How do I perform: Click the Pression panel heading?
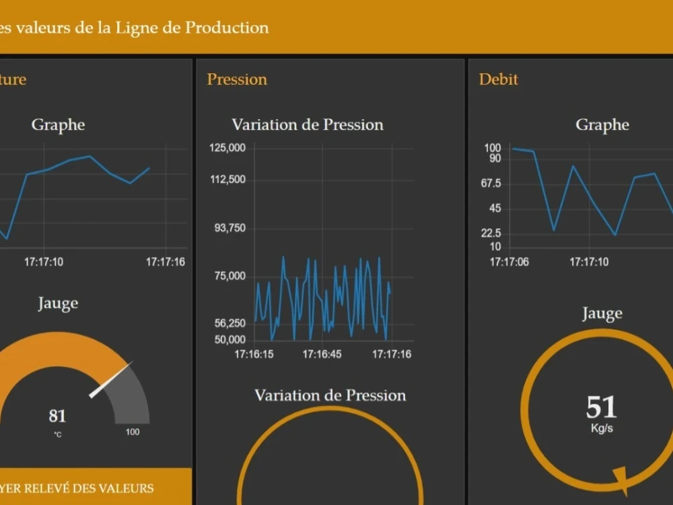(237, 79)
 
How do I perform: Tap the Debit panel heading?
(498, 79)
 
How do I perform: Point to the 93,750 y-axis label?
(230, 228)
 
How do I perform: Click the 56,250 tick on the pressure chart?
(230, 323)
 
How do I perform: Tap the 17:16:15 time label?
(254, 354)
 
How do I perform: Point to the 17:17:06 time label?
(509, 262)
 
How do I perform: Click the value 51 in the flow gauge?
(601, 407)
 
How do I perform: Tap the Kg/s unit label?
(602, 429)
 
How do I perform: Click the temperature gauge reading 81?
(57, 416)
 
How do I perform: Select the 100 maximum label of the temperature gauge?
(133, 432)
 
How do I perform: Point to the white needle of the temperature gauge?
(111, 380)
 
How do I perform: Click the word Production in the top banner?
(227, 28)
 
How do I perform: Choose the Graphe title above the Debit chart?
(602, 125)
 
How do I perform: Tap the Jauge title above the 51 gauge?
(602, 313)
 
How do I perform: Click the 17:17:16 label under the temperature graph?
(166, 262)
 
